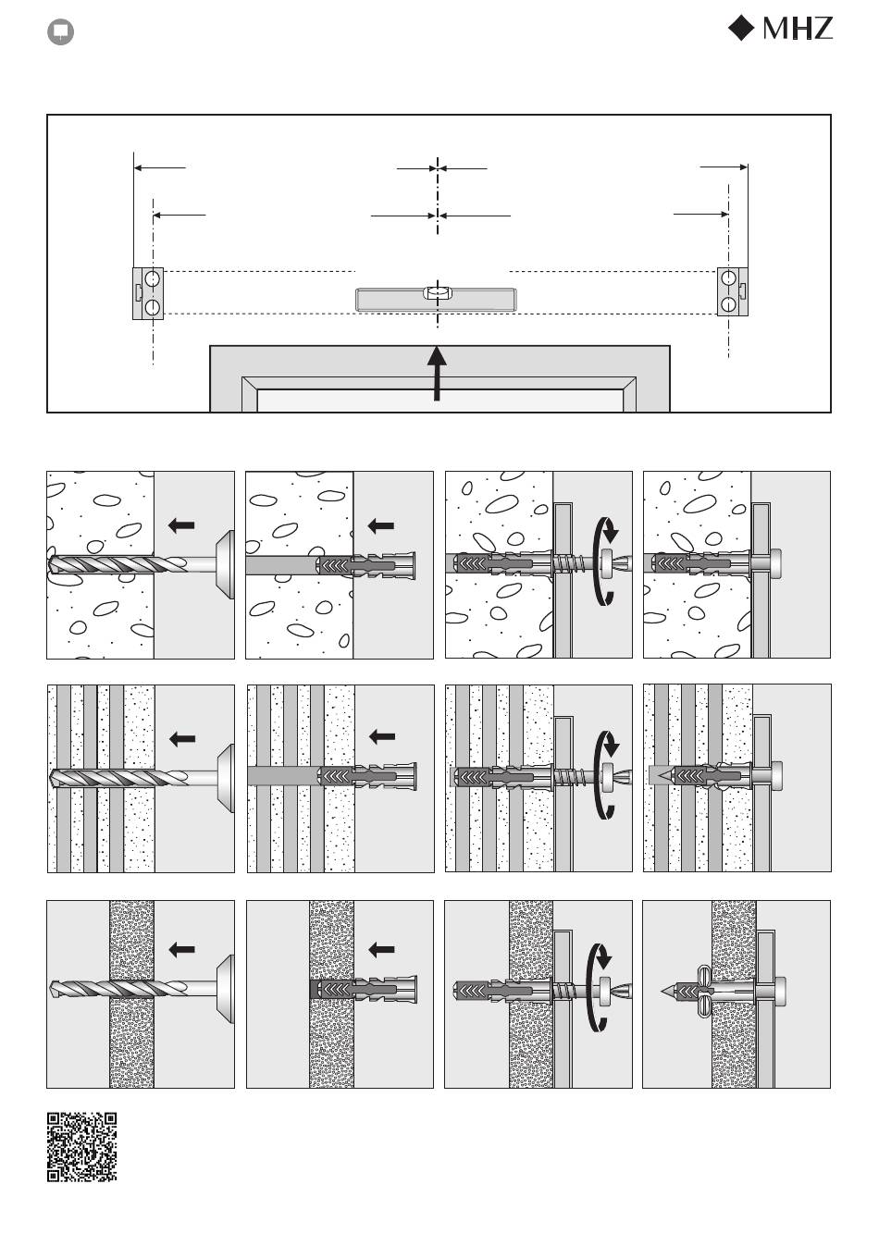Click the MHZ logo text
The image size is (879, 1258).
(x=798, y=29)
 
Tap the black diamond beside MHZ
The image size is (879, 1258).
(x=741, y=28)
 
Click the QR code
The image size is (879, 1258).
(x=82, y=1147)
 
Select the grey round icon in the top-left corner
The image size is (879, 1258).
(x=61, y=32)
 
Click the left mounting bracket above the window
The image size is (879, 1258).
(x=148, y=294)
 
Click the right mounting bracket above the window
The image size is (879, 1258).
(x=733, y=291)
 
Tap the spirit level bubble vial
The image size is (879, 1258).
(x=437, y=292)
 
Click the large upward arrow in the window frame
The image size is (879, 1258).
(x=437, y=374)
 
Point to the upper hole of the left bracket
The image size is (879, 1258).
(x=152, y=278)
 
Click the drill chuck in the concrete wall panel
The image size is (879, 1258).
(x=225, y=564)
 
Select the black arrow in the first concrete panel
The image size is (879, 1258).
(x=181, y=525)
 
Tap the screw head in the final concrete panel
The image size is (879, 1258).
(x=777, y=561)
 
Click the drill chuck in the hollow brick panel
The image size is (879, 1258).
(x=225, y=778)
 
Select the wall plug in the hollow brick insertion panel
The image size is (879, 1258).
(x=367, y=777)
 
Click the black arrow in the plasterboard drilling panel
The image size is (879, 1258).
(x=181, y=950)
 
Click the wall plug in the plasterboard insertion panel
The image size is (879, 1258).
(x=364, y=991)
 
